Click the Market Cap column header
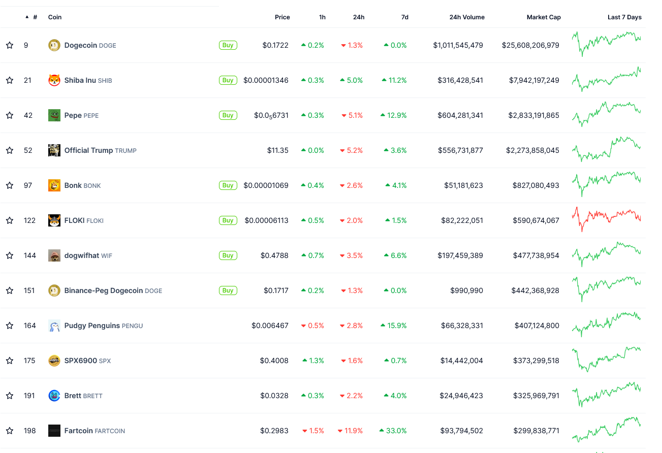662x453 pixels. click(x=543, y=17)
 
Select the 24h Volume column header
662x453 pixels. click(x=466, y=17)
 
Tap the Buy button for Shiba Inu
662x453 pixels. click(x=228, y=80)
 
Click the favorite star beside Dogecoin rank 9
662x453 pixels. click(x=10, y=45)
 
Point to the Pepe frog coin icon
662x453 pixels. click(x=54, y=115)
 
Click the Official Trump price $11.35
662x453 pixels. click(x=277, y=150)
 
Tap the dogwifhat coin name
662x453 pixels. click(x=81, y=255)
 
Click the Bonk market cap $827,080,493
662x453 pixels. click(x=535, y=185)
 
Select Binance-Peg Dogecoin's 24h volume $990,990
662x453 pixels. click(x=466, y=290)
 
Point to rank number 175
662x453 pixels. click(x=29, y=361)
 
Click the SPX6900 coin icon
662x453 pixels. click(x=54, y=361)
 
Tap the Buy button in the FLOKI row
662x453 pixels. click(x=228, y=220)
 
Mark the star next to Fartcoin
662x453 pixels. click(x=10, y=431)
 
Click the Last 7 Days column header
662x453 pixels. click(x=624, y=17)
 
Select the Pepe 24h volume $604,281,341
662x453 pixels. click(x=460, y=115)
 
